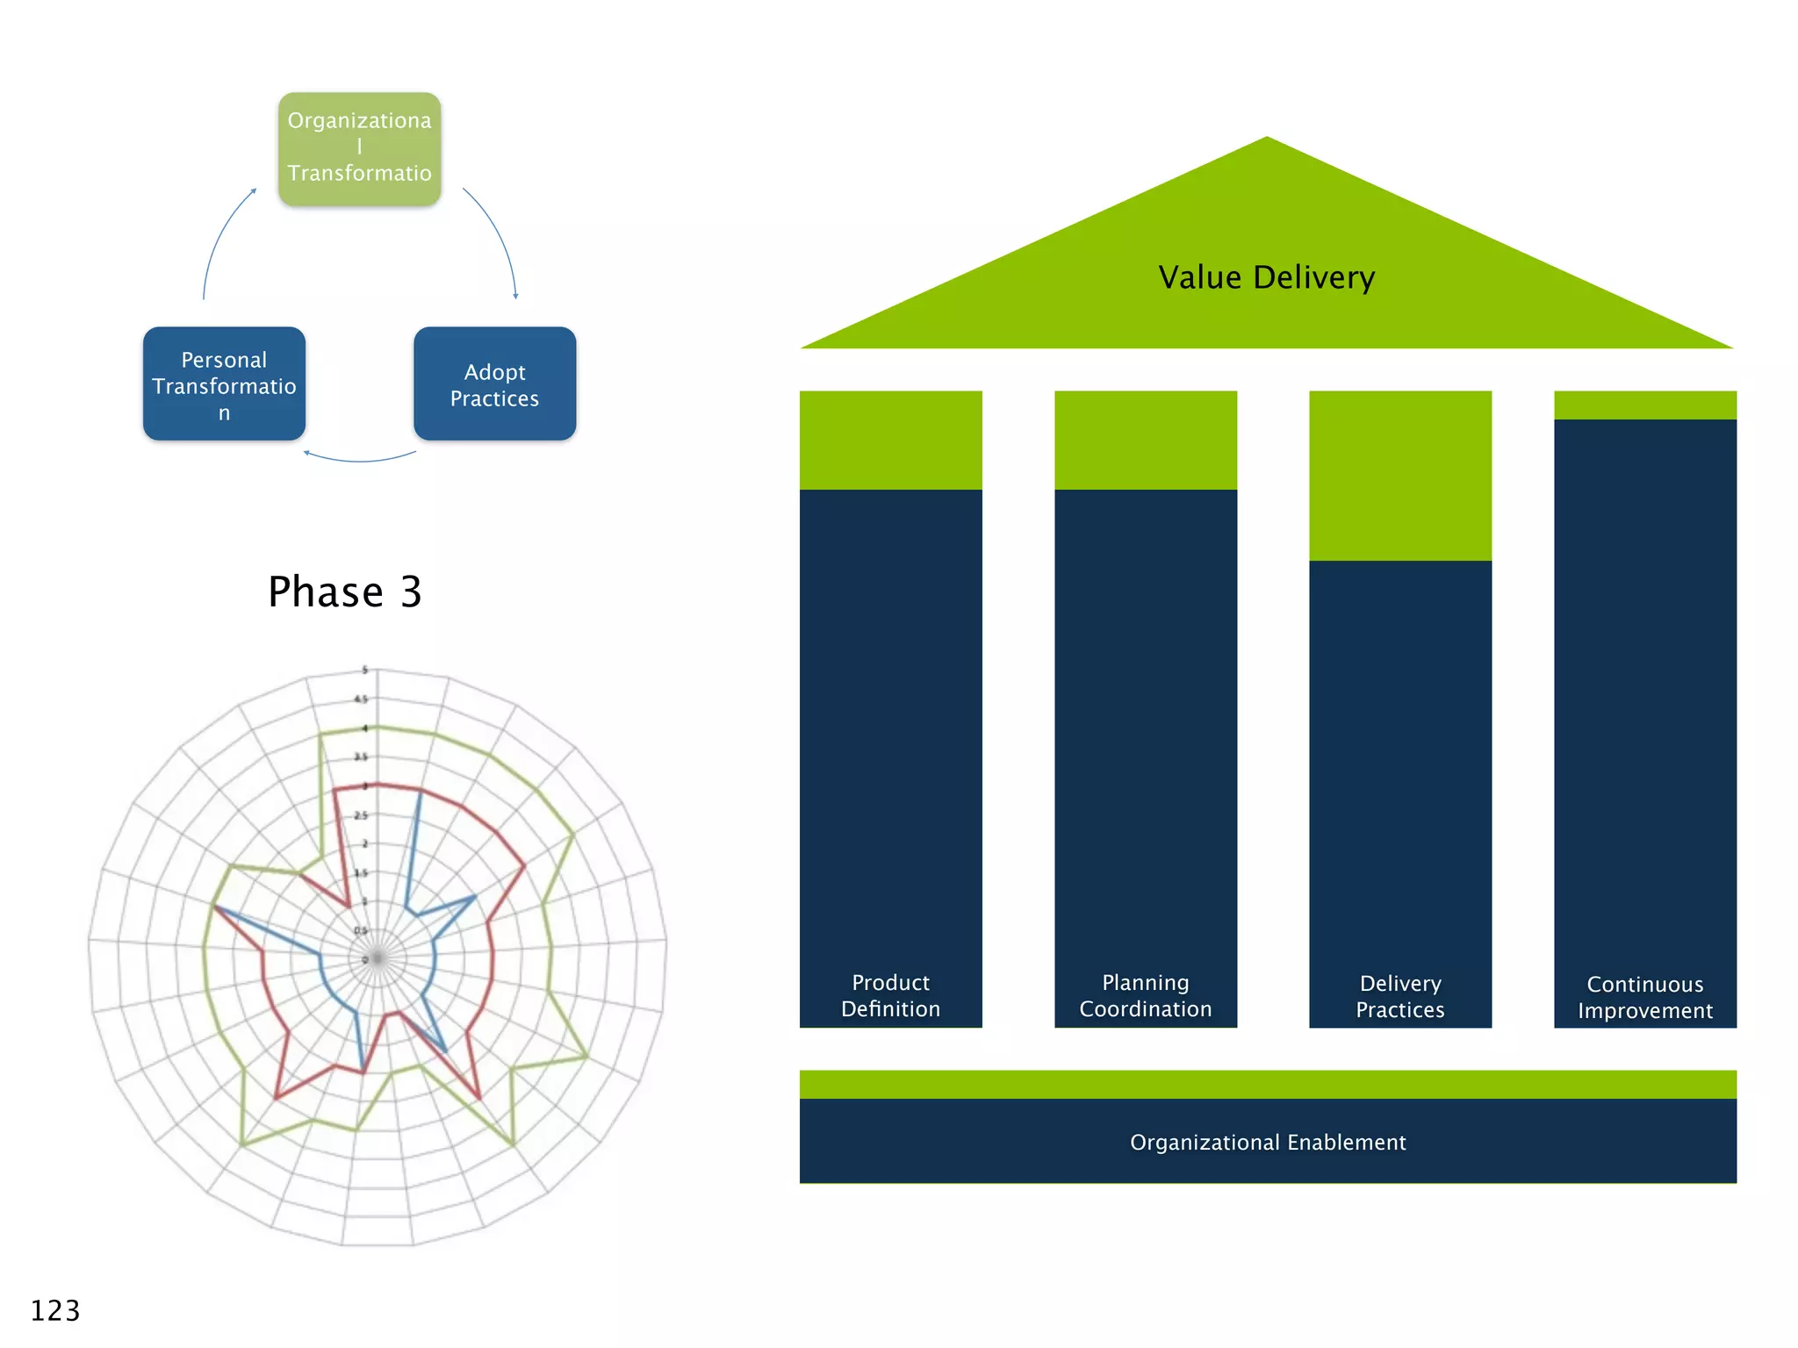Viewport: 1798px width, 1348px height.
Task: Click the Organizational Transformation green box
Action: click(x=359, y=149)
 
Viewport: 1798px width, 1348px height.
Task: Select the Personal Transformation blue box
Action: click(x=224, y=384)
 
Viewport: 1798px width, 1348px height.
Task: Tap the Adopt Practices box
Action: click(x=494, y=384)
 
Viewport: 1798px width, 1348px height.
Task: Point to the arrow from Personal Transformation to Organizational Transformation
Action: click(x=219, y=237)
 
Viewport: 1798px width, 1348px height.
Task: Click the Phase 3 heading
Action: click(x=345, y=592)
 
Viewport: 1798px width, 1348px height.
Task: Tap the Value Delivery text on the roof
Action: click(x=1266, y=277)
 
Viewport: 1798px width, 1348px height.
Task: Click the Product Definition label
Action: click(x=890, y=995)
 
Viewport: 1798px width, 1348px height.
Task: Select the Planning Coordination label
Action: click(x=1145, y=995)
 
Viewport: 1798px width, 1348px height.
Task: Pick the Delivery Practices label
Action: click(x=1399, y=996)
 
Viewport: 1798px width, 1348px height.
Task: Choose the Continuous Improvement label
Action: click(x=1644, y=997)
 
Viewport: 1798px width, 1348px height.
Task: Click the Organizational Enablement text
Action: click(x=1267, y=1142)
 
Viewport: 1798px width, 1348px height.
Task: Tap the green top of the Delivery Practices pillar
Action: click(x=1399, y=475)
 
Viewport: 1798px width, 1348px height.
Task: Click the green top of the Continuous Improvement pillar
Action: click(x=1644, y=405)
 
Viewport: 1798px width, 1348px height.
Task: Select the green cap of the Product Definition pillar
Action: click(x=890, y=440)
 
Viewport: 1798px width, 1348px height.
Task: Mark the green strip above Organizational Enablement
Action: click(x=1267, y=1084)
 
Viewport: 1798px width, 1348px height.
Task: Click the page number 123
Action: click(x=55, y=1310)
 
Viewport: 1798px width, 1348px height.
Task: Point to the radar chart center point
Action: click(x=378, y=957)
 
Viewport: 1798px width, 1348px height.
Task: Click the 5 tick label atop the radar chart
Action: click(x=365, y=670)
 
